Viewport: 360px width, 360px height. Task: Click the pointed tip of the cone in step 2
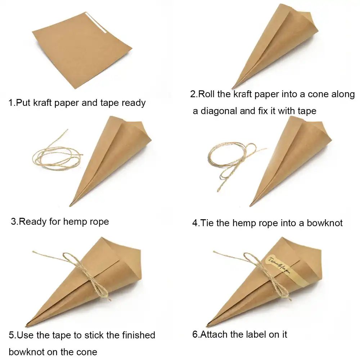(x=233, y=87)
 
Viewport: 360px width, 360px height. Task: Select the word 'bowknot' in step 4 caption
(x=324, y=223)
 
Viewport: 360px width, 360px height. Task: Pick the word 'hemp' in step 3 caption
(x=76, y=221)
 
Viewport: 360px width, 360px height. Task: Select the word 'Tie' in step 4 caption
(x=207, y=223)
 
